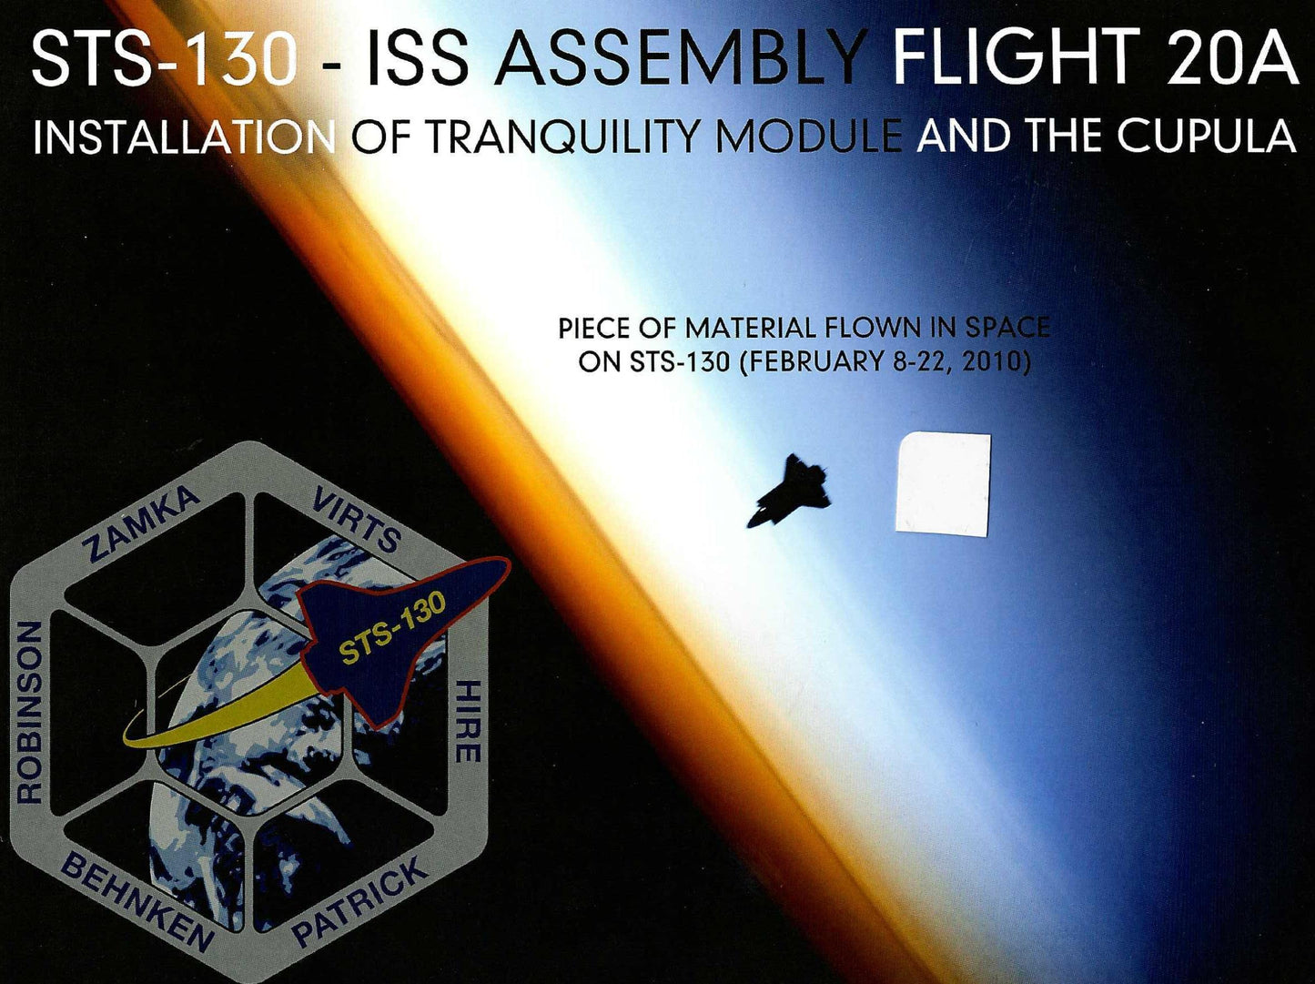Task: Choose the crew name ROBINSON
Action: coord(29,712)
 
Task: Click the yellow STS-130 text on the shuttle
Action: coord(393,628)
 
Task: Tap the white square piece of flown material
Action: coord(943,483)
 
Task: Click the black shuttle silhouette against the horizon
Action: coord(789,491)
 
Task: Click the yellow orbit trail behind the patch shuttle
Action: coord(222,710)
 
